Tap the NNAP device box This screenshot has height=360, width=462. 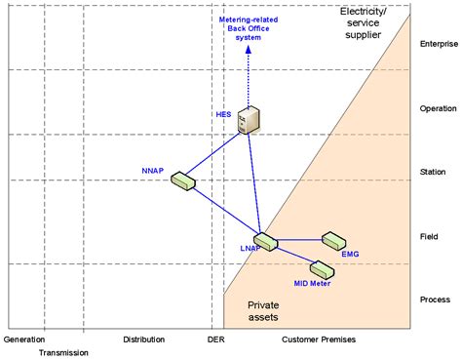tap(181, 180)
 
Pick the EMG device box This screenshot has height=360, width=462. tap(335, 240)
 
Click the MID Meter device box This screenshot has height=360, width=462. tap(321, 267)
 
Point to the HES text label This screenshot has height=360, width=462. tap(224, 114)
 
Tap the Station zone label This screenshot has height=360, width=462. tap(432, 173)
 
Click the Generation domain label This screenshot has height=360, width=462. tap(24, 340)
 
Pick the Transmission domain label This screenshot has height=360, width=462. tap(63, 352)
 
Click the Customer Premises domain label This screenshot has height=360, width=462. tap(318, 340)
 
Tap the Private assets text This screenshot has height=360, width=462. tap(263, 310)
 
